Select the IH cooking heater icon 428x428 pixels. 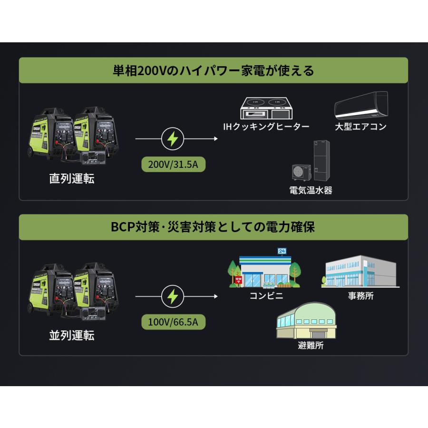[x=266, y=109]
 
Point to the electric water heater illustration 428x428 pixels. [x=311, y=162]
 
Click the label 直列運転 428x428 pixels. [x=72, y=179]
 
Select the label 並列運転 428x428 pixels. [x=72, y=335]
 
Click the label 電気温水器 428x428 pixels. [x=311, y=191]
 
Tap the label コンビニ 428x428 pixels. [x=266, y=296]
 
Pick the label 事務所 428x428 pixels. [x=361, y=296]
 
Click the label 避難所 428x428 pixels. [x=311, y=346]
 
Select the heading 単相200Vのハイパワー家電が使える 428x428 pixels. [x=214, y=70]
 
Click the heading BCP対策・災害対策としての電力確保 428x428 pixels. [x=214, y=227]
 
